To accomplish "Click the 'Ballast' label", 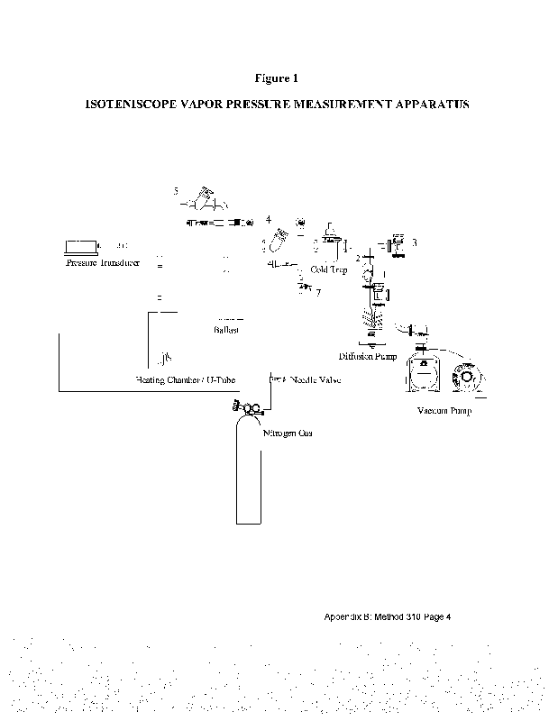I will [x=226, y=331].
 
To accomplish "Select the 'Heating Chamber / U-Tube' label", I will [x=184, y=380].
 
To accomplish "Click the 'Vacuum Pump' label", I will [x=444, y=411].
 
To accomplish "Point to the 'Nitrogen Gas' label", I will [x=288, y=434].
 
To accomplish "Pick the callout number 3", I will [x=414, y=243].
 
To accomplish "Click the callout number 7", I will [x=318, y=291].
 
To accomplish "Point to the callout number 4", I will [x=269, y=219].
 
